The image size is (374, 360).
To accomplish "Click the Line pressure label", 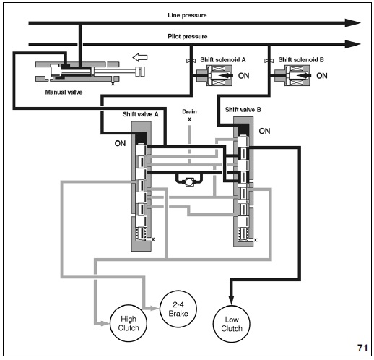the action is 187,15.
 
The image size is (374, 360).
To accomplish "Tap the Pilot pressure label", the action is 188,37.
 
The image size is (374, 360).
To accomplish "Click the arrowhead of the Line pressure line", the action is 352,23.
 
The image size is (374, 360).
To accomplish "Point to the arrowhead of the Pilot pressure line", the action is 352,44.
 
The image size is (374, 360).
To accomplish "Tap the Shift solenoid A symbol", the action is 214,76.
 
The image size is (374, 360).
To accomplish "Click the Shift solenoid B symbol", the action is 292,76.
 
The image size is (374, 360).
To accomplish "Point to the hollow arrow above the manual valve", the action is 140,57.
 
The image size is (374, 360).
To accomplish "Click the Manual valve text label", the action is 64,92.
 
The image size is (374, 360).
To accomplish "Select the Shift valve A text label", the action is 140,114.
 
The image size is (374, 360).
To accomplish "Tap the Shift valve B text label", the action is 243,110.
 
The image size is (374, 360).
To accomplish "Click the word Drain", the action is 189,111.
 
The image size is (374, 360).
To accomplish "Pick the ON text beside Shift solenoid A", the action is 243,76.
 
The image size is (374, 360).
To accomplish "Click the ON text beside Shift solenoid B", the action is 322,76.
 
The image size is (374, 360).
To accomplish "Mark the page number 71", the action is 362,348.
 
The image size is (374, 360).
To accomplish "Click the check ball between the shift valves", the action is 189,182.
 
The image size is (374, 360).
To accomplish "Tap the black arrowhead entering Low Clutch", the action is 231,299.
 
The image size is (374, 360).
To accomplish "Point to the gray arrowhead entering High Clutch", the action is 105,323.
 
